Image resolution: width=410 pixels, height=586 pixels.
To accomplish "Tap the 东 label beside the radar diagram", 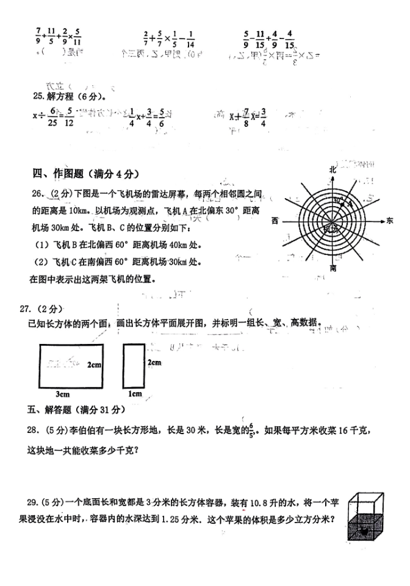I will [390, 221].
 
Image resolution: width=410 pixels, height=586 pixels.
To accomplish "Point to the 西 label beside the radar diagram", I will [276, 220].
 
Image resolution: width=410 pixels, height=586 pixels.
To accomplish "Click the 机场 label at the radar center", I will [331, 227].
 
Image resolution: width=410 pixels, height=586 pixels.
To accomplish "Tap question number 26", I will [39, 193].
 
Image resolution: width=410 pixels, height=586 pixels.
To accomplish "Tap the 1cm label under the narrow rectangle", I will [135, 394].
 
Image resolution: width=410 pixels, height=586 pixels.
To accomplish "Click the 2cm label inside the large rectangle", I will [94, 364].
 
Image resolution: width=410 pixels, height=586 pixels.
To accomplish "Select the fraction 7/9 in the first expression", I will [38, 37].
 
